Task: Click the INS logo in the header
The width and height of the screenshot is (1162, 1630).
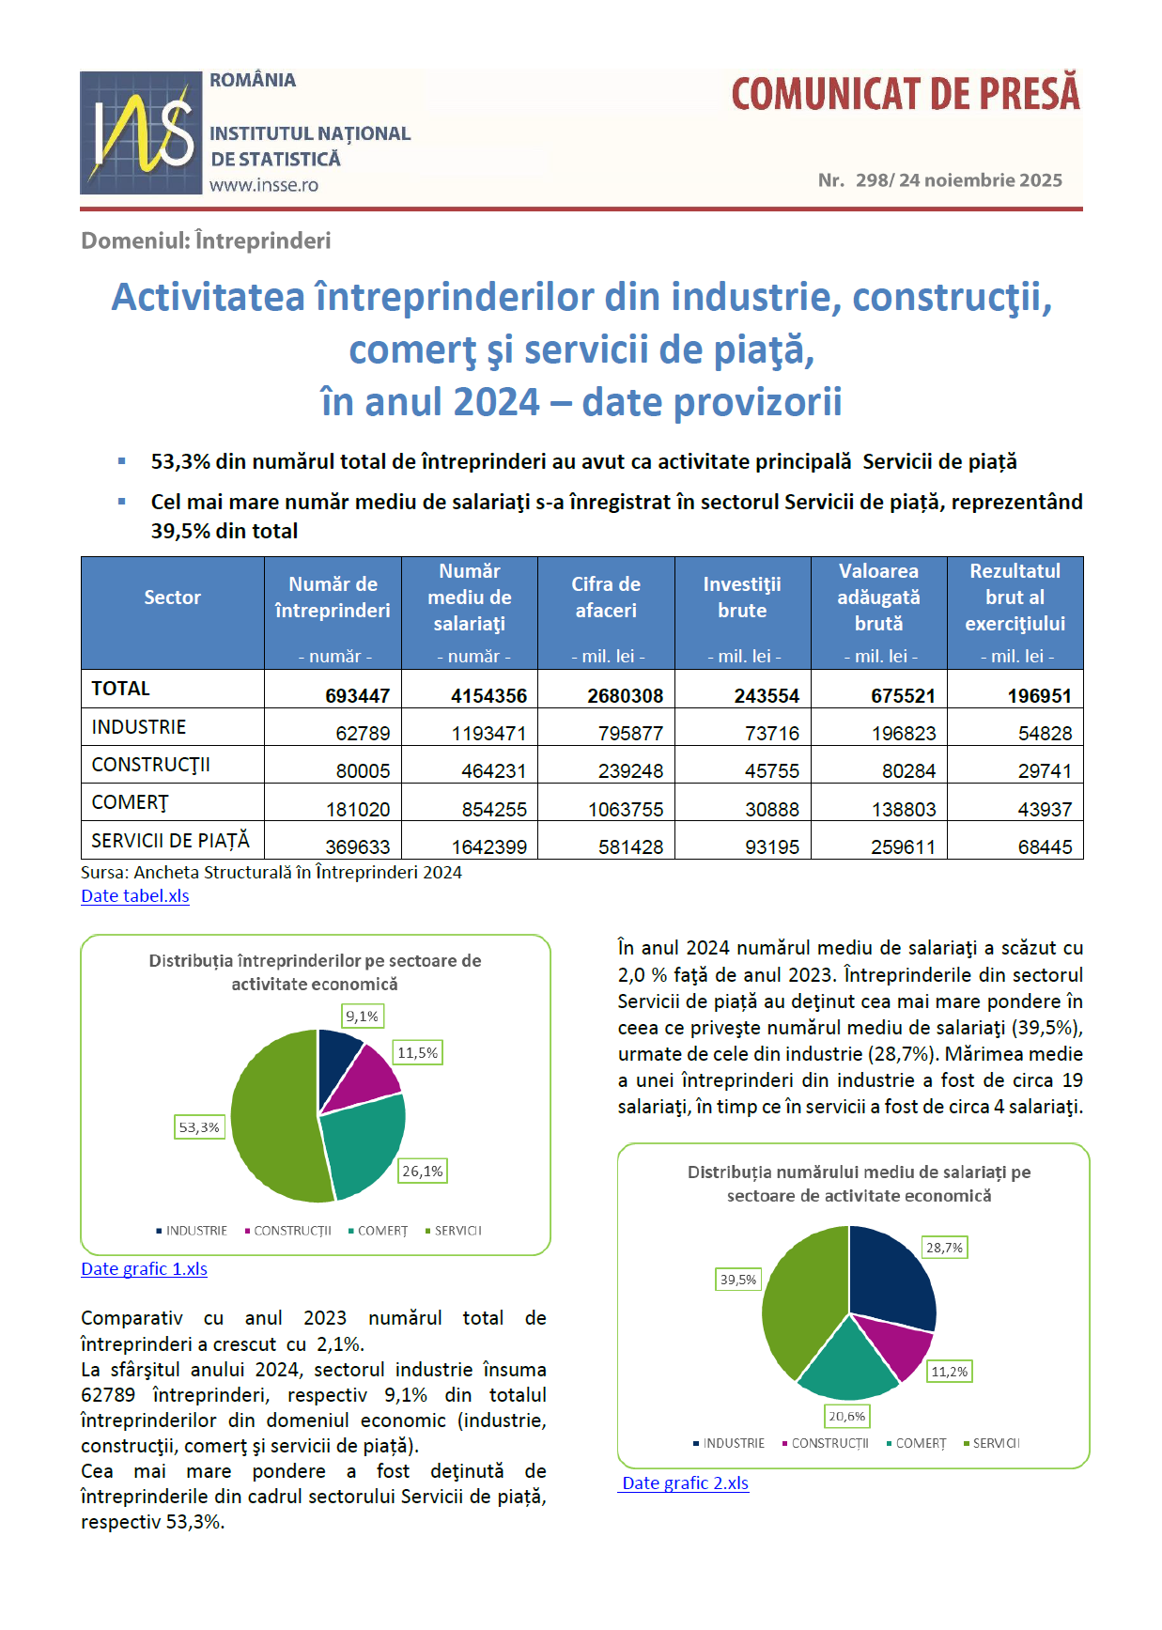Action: tap(141, 132)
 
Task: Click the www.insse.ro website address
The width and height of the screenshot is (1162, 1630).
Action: tap(264, 185)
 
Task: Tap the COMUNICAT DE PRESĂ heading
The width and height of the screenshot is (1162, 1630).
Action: tap(906, 94)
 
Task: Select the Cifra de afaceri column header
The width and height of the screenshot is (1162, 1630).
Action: tap(606, 598)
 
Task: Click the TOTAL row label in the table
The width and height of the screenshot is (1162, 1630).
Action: tap(121, 689)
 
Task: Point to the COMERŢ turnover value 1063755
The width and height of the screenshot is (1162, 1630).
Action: tap(626, 809)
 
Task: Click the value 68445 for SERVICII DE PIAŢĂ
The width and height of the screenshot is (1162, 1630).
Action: tap(1045, 846)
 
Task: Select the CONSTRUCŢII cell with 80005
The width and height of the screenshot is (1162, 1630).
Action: tap(363, 770)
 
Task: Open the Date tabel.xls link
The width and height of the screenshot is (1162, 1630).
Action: tap(135, 895)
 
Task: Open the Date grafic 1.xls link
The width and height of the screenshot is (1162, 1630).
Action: tap(144, 1268)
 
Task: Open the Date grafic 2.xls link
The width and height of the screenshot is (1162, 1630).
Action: tap(686, 1483)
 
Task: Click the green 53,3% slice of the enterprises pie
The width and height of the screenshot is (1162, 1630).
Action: tap(272, 1118)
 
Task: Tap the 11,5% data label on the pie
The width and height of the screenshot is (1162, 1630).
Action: tap(418, 1052)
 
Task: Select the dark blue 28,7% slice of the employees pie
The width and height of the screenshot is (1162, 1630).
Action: tap(892, 1278)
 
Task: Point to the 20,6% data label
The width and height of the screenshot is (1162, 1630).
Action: tap(847, 1416)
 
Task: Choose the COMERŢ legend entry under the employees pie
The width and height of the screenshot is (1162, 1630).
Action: tap(920, 1443)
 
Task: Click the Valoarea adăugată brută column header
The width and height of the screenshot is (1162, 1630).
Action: tap(878, 598)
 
